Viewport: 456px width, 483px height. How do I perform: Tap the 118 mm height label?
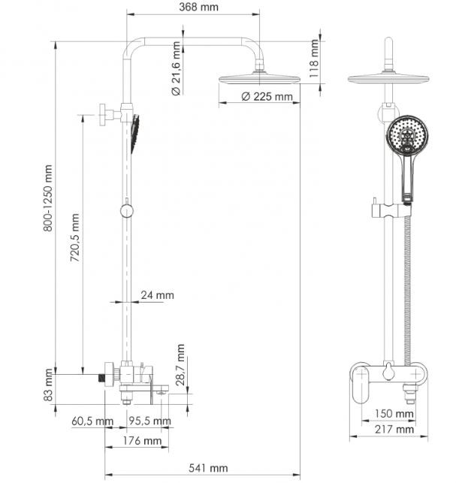click(316, 53)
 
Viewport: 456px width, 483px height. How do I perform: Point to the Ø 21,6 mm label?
click(175, 70)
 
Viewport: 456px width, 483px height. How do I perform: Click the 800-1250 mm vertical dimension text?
click(47, 198)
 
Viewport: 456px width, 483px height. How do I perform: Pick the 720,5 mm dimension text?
click(74, 241)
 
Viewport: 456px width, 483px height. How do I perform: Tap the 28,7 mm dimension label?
click(180, 364)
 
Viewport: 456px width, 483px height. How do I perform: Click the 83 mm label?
click(48, 384)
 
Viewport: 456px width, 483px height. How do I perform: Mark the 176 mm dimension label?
click(142, 440)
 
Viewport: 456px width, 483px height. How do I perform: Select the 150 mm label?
click(394, 414)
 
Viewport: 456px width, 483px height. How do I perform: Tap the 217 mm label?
click(394, 430)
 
